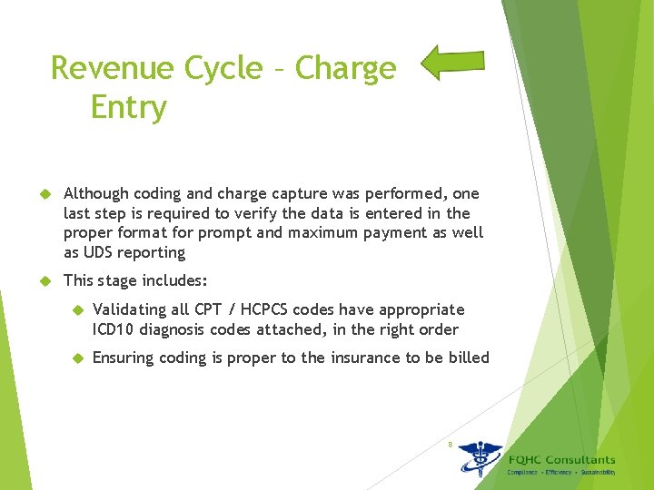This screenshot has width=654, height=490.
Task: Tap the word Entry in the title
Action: point(129,108)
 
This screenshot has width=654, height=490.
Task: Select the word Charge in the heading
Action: point(346,68)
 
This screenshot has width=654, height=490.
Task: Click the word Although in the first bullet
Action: point(96,193)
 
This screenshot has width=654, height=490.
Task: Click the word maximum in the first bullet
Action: point(340,233)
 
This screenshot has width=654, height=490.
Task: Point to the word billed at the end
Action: point(469,358)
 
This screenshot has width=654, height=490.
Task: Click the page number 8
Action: point(449,444)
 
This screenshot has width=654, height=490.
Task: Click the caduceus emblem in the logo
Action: point(479,458)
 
